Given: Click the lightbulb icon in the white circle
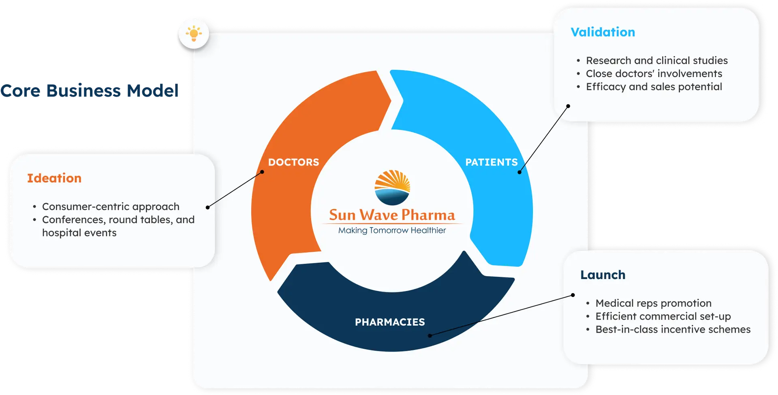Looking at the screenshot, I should point(194,33).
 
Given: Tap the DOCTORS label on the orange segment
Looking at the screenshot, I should point(293,162).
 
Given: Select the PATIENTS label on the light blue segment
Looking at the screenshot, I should point(491,162).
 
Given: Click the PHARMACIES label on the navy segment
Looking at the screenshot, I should point(390,322).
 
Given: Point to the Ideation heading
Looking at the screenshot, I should point(54,178).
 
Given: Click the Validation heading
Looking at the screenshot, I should point(603,32).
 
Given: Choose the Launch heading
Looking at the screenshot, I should point(603,275).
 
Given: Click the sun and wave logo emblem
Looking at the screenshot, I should point(392,187).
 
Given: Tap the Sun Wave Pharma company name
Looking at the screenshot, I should point(392,215).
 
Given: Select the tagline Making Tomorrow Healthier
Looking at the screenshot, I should point(392,230).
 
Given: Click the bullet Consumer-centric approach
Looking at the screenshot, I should point(111,206).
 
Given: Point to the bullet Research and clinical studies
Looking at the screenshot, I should point(656,60).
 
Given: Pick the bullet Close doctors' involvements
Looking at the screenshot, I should point(654,73).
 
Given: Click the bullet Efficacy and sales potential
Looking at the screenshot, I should point(654,87).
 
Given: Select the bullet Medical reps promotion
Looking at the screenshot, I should point(653,303).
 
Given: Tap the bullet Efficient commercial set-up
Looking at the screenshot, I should point(663,316).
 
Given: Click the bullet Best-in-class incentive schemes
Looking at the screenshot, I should point(673,329).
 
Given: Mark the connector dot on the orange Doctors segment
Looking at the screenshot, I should point(262,172).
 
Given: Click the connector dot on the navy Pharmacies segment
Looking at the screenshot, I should point(430,335).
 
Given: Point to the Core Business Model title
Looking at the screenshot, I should point(89,90).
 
